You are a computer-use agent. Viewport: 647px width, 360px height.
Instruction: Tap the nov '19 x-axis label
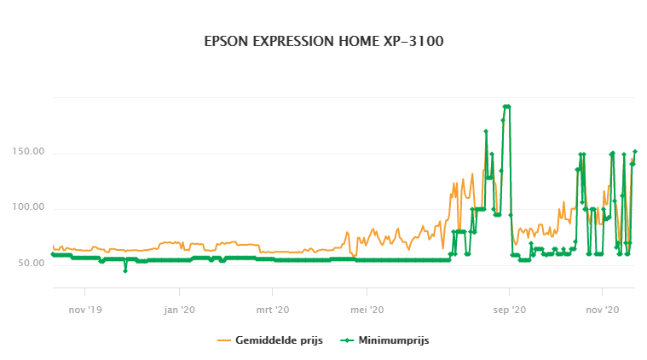click(85, 311)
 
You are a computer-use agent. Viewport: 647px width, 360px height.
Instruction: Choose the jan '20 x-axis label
click(179, 311)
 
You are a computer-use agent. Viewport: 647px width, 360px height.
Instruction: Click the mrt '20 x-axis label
click(272, 311)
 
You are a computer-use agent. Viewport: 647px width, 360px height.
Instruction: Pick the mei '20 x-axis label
click(367, 311)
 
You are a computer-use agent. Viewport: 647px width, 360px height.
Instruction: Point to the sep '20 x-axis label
click(509, 311)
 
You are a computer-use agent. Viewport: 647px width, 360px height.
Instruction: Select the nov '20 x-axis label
click(602, 311)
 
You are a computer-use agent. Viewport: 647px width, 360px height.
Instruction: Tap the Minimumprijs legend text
click(393, 340)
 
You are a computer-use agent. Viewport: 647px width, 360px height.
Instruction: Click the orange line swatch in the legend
click(225, 340)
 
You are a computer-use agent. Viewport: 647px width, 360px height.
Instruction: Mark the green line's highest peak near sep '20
click(506, 107)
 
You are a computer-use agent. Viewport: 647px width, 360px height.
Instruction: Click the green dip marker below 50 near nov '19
click(125, 270)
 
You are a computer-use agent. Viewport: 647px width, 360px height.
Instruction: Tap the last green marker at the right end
click(635, 152)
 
